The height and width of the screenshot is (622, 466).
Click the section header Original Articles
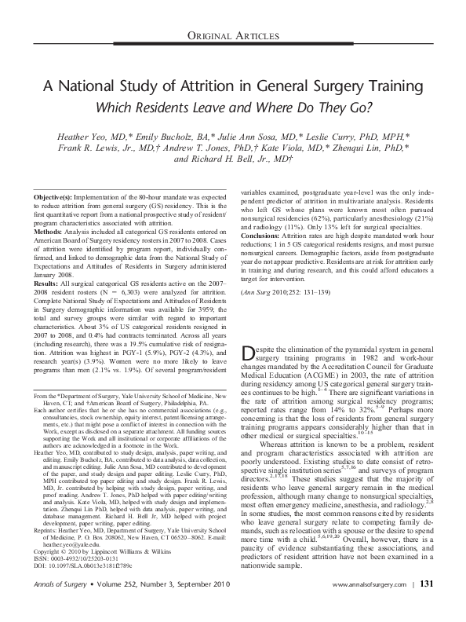232,38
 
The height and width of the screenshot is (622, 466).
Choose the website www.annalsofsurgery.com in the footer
369,607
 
